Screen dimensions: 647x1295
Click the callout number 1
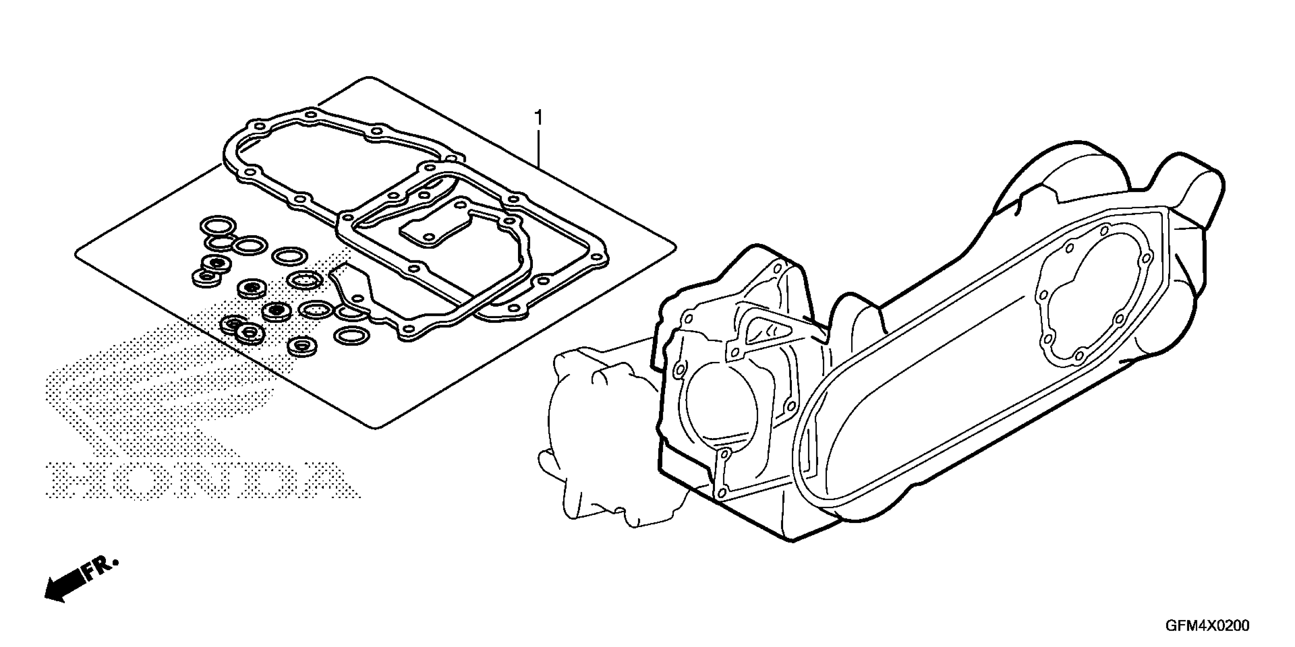539,118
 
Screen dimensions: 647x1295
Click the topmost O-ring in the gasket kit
218,225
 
